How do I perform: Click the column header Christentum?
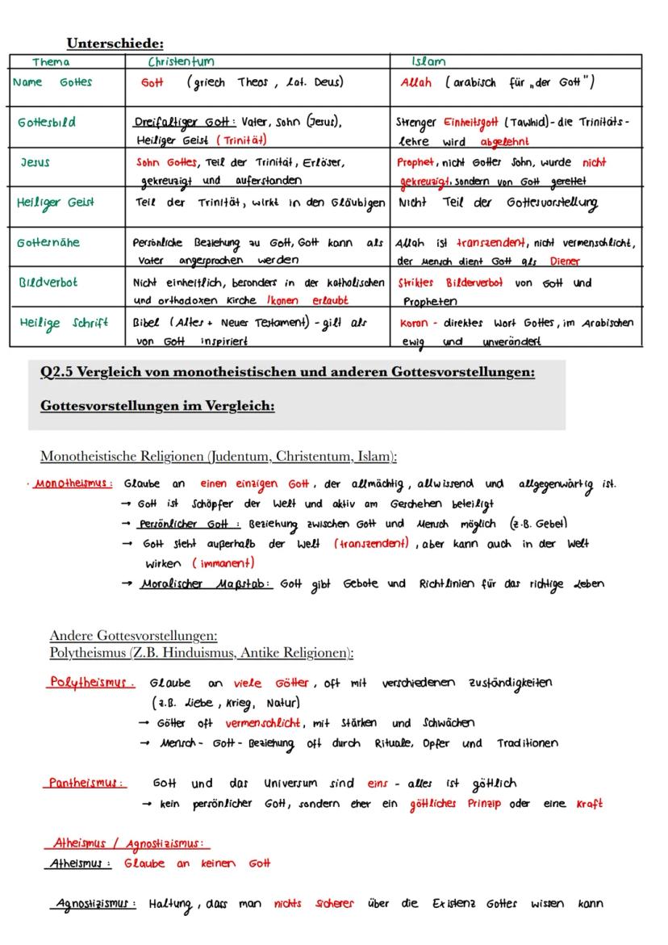181,61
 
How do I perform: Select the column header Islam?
428,61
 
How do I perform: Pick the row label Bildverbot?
48,283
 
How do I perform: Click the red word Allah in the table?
416,82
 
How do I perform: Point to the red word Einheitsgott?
472,123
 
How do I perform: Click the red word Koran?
413,323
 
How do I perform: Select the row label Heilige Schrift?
64,323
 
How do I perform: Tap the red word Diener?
565,261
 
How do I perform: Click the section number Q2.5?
58,373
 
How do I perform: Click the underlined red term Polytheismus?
90,683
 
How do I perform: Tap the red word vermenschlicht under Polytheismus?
263,723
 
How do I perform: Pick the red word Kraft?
589,804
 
